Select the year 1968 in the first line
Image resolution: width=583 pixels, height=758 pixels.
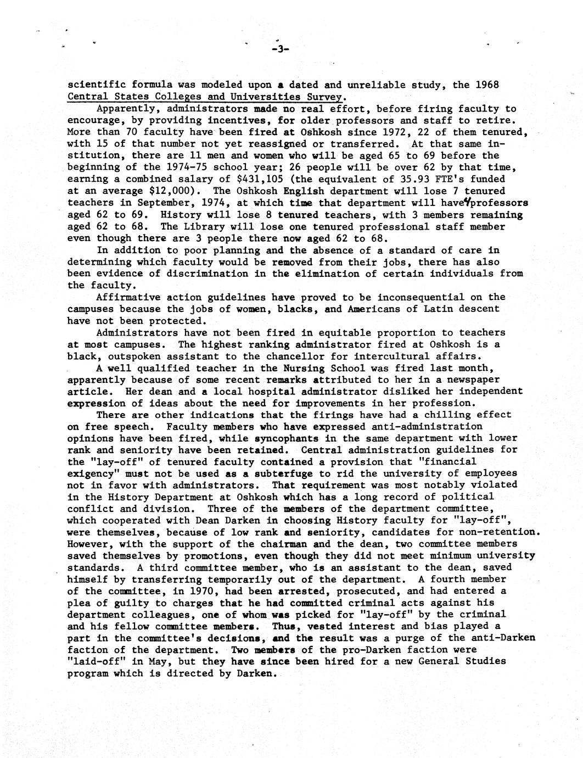[x=487, y=85]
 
